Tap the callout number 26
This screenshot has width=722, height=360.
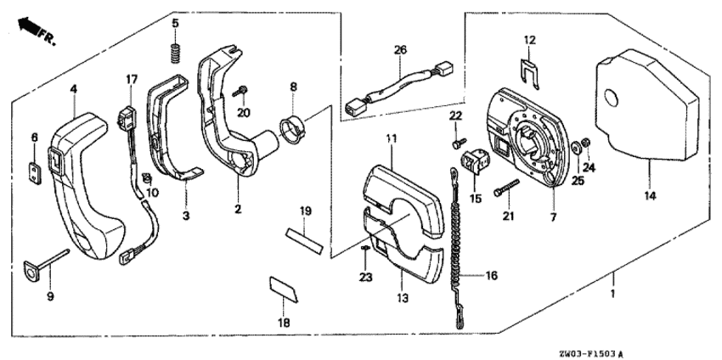pyautogui.click(x=400, y=49)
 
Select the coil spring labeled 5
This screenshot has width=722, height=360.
pyautogui.click(x=174, y=53)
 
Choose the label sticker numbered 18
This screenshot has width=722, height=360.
pyautogui.click(x=285, y=289)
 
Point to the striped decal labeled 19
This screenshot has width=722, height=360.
pyautogui.click(x=303, y=236)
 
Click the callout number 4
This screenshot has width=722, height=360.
pyautogui.click(x=73, y=87)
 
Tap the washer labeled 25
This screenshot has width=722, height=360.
pyautogui.click(x=575, y=148)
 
